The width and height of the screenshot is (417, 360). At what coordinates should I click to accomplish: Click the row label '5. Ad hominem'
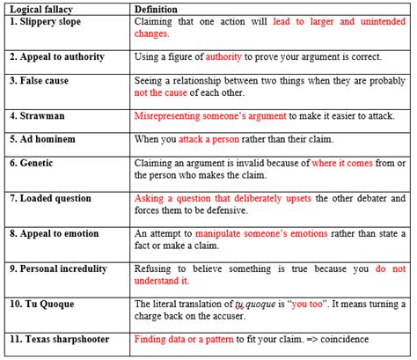click(x=42, y=138)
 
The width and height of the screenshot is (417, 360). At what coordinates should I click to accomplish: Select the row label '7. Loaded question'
click(x=49, y=197)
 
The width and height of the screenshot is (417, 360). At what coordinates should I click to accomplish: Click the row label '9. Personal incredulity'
click(x=59, y=268)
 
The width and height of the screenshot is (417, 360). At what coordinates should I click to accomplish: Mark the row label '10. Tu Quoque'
click(x=42, y=302)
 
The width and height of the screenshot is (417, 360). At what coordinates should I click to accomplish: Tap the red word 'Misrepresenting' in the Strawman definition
click(x=172, y=114)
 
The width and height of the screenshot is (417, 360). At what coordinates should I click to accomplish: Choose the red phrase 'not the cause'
click(x=163, y=92)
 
